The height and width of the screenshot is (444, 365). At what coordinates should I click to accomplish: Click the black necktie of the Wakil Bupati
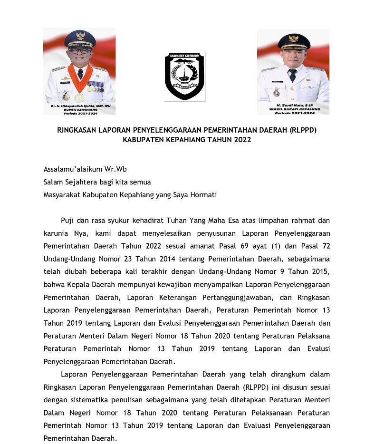pos(292,75)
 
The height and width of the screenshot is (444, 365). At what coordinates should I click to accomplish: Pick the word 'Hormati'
pos(204,194)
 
